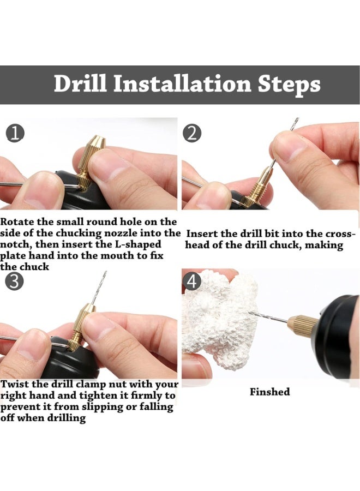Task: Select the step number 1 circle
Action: point(15,133)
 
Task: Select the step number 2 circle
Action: point(191,133)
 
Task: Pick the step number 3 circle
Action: point(14,282)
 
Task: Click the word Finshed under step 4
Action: point(269,392)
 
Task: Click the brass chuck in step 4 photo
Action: point(303,325)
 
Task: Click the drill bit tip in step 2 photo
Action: point(295,121)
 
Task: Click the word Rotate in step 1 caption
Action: point(17,222)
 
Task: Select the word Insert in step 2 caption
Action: point(201,234)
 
